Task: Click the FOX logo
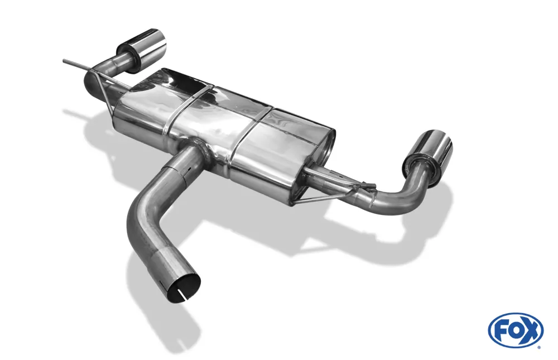pos(515,330)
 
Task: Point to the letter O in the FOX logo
pos(515,330)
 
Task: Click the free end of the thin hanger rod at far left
pos(64,59)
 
